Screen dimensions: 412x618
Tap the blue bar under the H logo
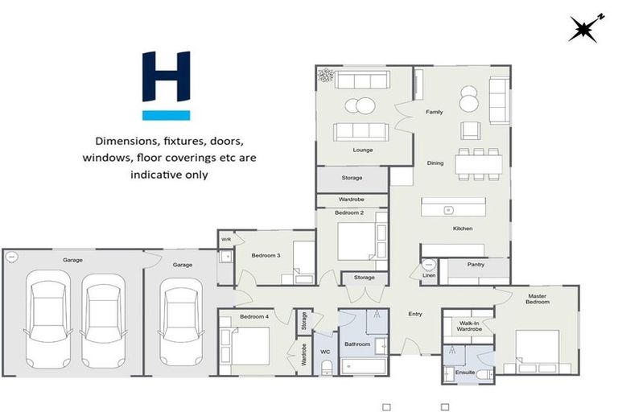[166, 115]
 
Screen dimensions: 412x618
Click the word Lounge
[362, 150]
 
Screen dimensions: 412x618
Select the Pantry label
[476, 264]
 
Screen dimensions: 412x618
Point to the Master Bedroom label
[538, 299]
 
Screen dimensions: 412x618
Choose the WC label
[326, 351]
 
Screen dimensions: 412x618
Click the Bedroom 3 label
[266, 256]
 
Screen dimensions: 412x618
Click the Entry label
[415, 314]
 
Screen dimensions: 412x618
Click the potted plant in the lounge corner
[327, 76]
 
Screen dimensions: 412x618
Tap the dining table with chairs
[478, 163]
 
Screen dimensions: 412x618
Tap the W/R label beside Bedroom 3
[226, 238]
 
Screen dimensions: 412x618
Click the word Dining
[435, 163]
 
